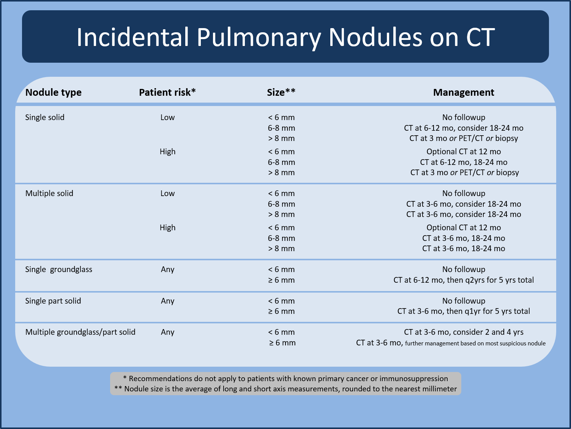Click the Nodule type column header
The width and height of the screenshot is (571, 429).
(x=53, y=92)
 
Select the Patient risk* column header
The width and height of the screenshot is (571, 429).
(x=167, y=92)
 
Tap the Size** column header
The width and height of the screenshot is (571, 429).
(x=281, y=92)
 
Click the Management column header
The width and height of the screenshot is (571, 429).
(x=464, y=92)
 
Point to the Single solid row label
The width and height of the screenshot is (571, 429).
(x=45, y=117)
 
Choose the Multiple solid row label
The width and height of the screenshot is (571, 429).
(x=49, y=193)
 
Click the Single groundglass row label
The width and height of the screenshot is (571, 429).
(x=59, y=269)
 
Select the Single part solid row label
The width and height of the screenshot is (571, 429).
(x=53, y=301)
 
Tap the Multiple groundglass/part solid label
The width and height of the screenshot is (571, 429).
(x=80, y=332)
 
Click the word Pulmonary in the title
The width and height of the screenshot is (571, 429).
(x=259, y=37)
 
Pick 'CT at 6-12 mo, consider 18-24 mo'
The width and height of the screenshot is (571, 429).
(x=464, y=128)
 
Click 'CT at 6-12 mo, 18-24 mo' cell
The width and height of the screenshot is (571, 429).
(x=464, y=162)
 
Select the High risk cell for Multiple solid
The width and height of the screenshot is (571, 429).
(x=167, y=228)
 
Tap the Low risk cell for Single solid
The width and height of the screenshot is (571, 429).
(x=167, y=117)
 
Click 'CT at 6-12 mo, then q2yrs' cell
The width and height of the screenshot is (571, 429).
(x=464, y=280)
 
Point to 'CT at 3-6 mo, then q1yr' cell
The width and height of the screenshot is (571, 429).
(x=464, y=311)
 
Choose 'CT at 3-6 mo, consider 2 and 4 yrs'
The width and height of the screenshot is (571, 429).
(x=464, y=332)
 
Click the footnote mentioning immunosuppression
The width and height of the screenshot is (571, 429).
(x=285, y=378)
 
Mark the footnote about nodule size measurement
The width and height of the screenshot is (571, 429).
(x=285, y=389)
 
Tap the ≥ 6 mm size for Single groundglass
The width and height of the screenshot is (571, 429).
(x=281, y=280)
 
